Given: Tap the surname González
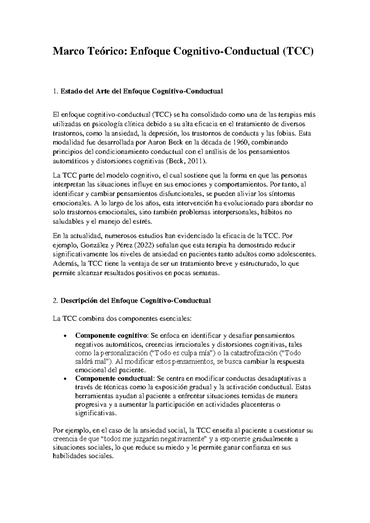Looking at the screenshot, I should pyautogui.click(x=88, y=245).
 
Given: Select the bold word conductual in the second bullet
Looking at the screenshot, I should pyautogui.click(x=135, y=378).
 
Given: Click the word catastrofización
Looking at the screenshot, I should pyautogui.click(x=253, y=353).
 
